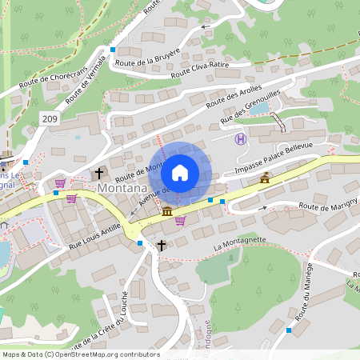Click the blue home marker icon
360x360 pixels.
(x=180, y=173)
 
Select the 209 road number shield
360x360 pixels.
(x=50, y=118)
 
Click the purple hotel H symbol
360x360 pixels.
(x=239, y=139)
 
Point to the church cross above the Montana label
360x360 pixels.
(x=99, y=173)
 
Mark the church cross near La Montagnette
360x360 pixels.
(x=162, y=245)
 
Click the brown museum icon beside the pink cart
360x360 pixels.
(x=166, y=211)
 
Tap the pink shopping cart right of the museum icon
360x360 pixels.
(x=181, y=220)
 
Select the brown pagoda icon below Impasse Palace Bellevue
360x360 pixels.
(x=265, y=178)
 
